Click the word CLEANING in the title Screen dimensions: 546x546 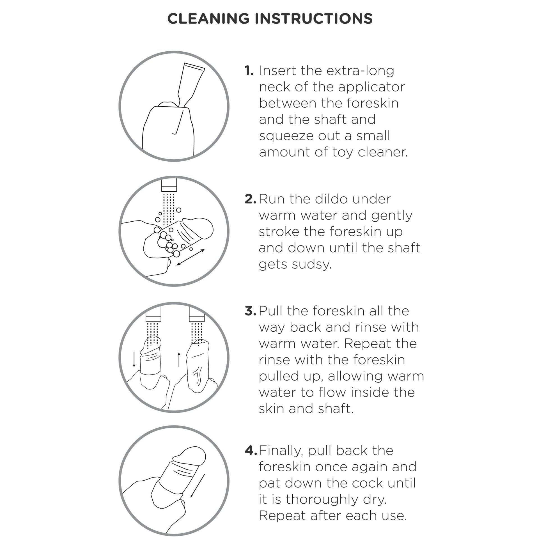(208, 19)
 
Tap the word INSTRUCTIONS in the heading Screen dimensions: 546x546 (314, 19)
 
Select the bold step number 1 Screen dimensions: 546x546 (249, 71)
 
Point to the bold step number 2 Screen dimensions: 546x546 (250, 199)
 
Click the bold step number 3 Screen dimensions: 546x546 (250, 311)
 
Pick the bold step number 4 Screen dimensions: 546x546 (251, 451)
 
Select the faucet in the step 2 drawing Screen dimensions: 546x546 (169, 185)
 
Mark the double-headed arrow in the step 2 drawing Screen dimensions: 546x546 (191, 257)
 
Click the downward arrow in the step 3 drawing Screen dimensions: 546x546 (134, 360)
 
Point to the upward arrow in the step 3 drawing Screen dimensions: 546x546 (179, 360)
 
